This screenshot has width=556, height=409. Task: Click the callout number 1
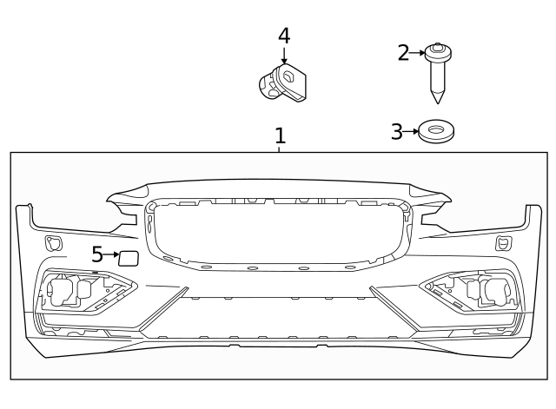coord(280,136)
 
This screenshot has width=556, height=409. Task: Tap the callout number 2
coord(403,53)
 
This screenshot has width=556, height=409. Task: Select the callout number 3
coord(397,132)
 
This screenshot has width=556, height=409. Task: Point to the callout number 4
coord(284,36)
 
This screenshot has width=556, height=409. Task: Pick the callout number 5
coord(97,254)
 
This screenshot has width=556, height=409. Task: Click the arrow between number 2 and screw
coord(418,53)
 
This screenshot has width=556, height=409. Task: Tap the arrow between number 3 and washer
coord(411,132)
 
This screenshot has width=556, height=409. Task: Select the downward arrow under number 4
coord(284,56)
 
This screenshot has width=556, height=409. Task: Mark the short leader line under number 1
coord(280,149)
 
